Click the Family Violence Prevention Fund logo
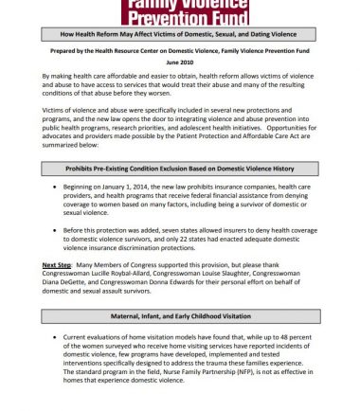[x=180, y=11]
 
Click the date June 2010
[x=180, y=59]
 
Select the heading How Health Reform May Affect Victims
[x=180, y=33]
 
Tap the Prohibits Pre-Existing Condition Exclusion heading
[x=180, y=168]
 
